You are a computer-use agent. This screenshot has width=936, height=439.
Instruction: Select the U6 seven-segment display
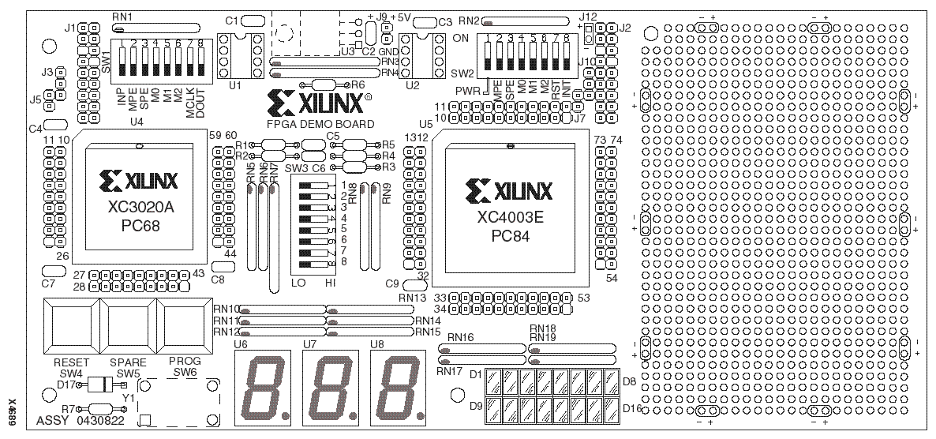(x=261, y=387)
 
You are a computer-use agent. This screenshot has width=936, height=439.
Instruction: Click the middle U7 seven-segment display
(x=329, y=387)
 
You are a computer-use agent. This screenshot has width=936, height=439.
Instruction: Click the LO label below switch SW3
(x=298, y=283)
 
